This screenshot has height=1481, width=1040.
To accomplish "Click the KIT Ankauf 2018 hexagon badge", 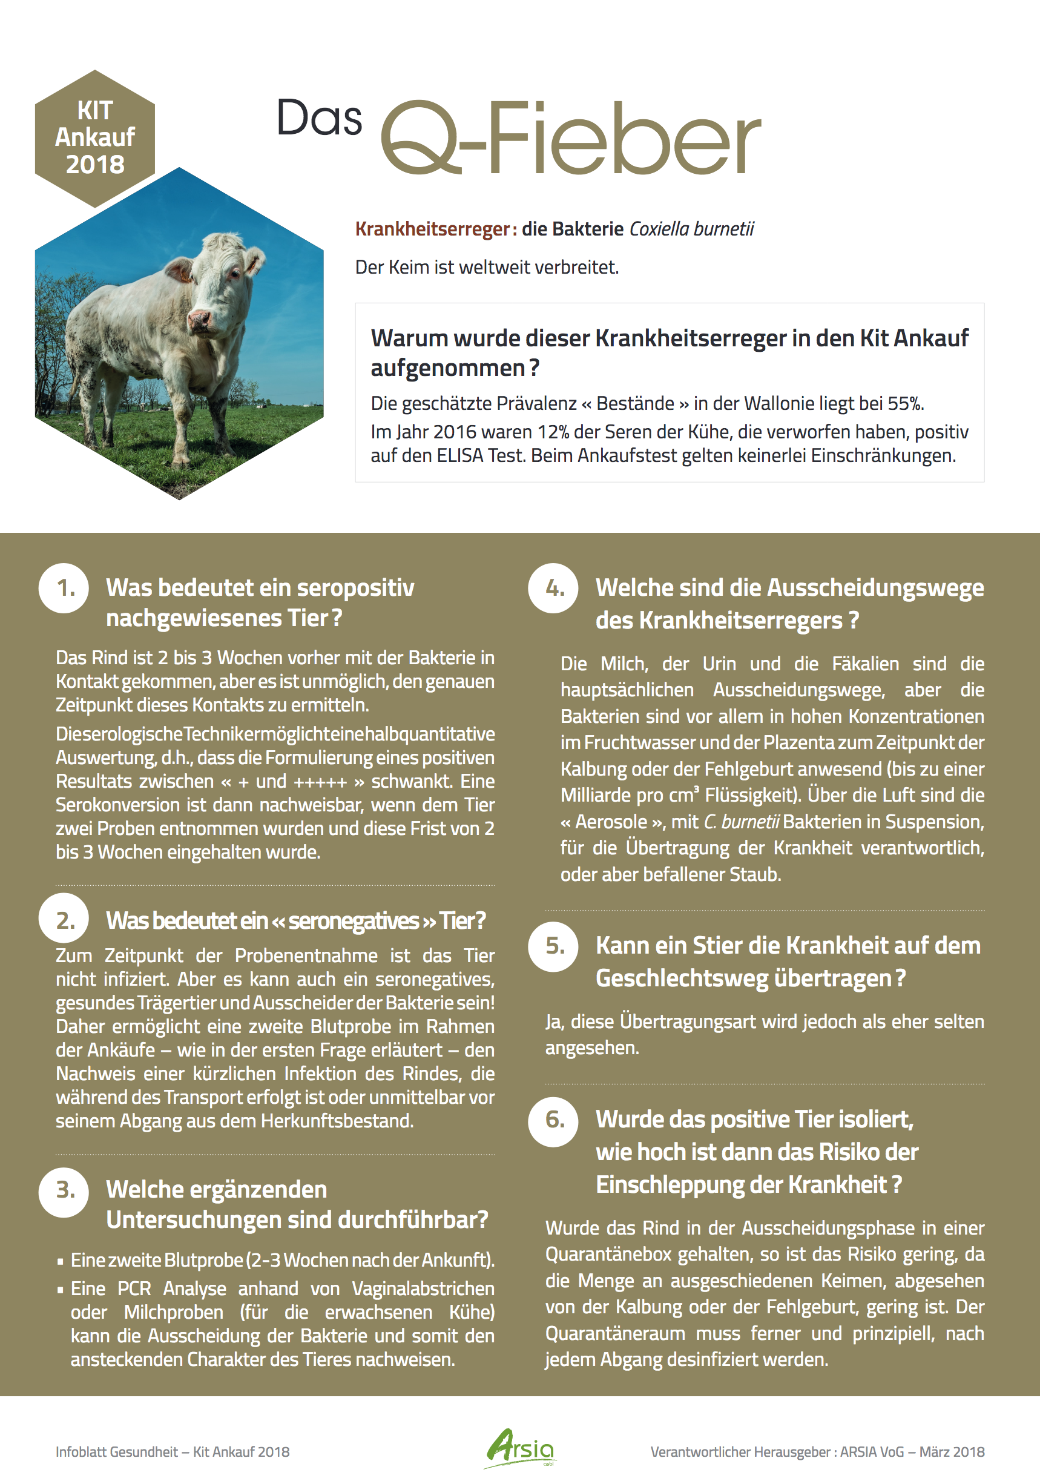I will (95, 137).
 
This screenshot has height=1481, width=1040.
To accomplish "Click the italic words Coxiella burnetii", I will (691, 229).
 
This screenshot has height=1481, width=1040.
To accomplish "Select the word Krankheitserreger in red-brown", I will (433, 229).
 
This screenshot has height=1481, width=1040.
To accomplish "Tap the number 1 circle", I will (64, 588).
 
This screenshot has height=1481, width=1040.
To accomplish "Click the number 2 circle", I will (64, 919).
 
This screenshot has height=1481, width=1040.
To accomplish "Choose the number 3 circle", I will (64, 1191).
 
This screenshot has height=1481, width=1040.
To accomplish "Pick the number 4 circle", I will (553, 588).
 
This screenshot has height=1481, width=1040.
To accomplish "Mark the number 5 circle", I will (553, 946).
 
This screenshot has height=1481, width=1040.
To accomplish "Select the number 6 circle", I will (553, 1120).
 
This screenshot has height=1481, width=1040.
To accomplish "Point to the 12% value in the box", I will (554, 432).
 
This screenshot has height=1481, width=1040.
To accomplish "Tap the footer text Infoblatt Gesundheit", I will (117, 1452).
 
